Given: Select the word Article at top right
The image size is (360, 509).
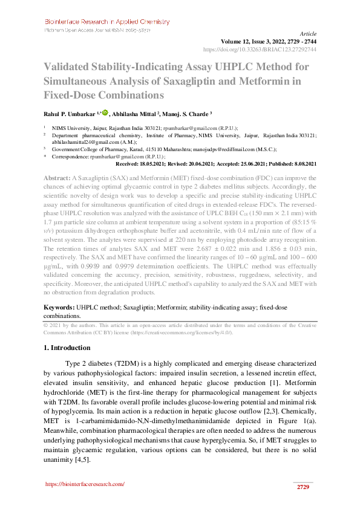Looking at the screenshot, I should click(x=308, y=34).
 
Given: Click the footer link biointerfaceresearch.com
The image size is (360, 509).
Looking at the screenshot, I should click(x=85, y=484).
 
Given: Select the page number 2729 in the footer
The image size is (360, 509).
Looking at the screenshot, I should click(x=303, y=487).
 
